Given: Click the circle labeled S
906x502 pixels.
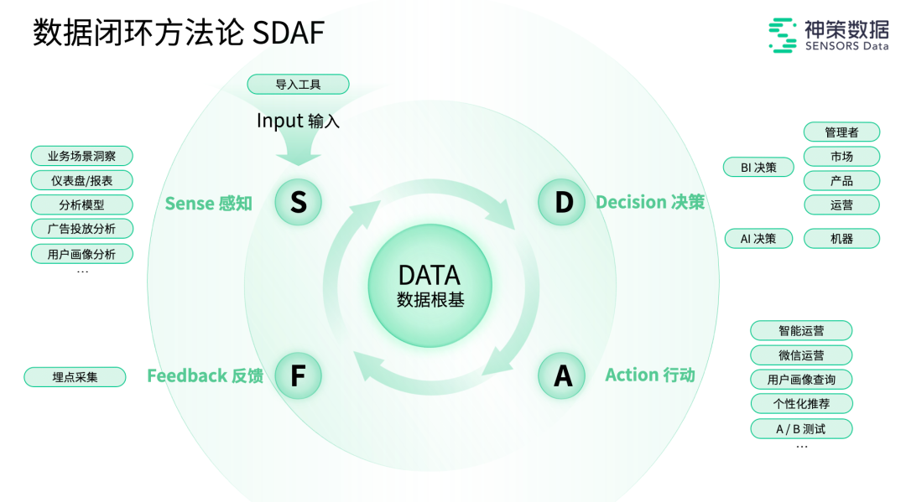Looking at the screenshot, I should pyautogui.click(x=299, y=202).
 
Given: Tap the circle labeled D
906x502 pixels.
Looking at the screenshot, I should pyautogui.click(x=562, y=202).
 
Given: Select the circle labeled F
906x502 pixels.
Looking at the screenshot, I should pyautogui.click(x=298, y=375).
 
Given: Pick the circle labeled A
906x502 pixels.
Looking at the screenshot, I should pyautogui.click(x=562, y=375).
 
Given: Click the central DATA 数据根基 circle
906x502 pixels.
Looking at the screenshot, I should pyautogui.click(x=430, y=286).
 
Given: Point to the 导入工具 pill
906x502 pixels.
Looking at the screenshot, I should pyautogui.click(x=298, y=85).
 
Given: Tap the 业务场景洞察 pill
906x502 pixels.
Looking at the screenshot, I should pyautogui.click(x=81, y=156).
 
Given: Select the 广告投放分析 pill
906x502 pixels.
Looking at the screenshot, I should pyautogui.click(x=81, y=229).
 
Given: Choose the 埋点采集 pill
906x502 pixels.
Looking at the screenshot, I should pyautogui.click(x=75, y=377).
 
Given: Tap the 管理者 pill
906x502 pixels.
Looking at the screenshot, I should pyautogui.click(x=841, y=132).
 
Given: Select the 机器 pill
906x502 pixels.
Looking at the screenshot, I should pyautogui.click(x=841, y=239).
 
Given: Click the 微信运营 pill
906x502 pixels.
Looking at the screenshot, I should pyautogui.click(x=800, y=355).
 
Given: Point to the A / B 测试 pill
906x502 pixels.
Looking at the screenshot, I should pyautogui.click(x=800, y=429).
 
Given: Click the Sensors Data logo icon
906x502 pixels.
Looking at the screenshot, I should pyautogui.click(x=783, y=36).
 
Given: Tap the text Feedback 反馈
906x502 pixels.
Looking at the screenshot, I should pyautogui.click(x=206, y=376).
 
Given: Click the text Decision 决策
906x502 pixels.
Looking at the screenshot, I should pyautogui.click(x=650, y=202).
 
